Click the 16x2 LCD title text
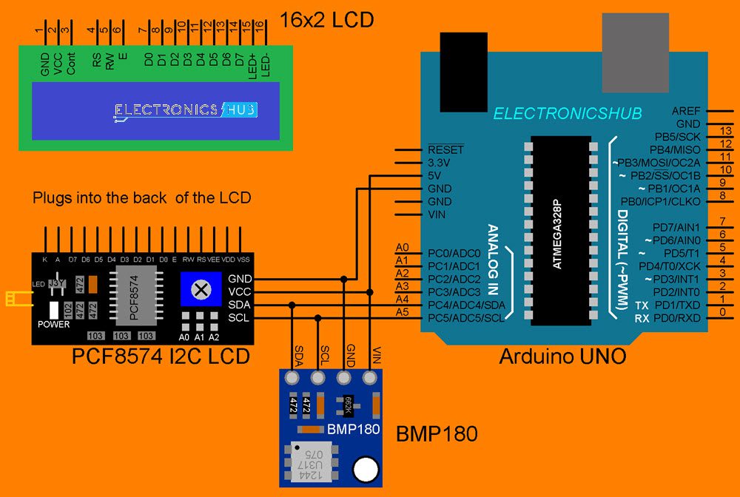(326, 19)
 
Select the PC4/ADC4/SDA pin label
(466, 304)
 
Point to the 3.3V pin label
(440, 162)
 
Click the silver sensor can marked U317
(311, 464)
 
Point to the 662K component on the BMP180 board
(344, 405)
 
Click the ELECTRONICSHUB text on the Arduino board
(568, 113)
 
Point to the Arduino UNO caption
(562, 356)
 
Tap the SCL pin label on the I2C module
(239, 317)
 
